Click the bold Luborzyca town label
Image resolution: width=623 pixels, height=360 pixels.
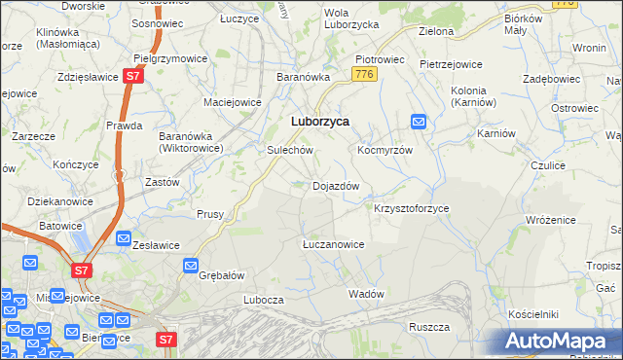point(321,122)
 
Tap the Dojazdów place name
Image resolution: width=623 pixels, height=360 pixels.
point(336,185)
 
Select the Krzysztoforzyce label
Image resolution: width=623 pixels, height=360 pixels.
point(412,208)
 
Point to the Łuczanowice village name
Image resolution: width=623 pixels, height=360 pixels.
point(333,244)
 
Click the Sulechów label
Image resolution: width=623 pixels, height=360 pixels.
point(290,151)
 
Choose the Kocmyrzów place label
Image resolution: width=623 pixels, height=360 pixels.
point(386,151)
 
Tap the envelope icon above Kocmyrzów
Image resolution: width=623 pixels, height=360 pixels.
point(419,122)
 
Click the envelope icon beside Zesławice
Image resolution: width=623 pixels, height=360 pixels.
point(124,237)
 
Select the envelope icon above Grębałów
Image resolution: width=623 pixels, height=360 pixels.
point(192,264)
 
